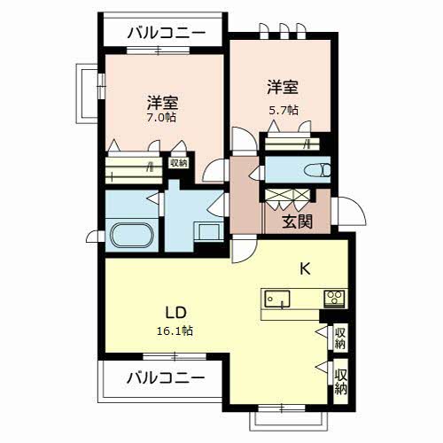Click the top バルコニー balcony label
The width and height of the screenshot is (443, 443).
[166, 33]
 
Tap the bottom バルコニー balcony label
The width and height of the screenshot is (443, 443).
[164, 378]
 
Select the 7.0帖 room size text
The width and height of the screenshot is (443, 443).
[159, 115]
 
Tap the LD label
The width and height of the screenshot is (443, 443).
[175, 313]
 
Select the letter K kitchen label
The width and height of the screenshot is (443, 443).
[303, 268]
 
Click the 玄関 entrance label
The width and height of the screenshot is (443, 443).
[298, 221]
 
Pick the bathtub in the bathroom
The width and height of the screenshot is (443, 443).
[133, 237]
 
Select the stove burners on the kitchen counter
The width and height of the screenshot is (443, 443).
[334, 298]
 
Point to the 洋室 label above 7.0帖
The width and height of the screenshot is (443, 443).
[163, 99]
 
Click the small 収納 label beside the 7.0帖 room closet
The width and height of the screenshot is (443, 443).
[179, 162]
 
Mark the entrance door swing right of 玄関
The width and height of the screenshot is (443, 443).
[346, 213]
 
